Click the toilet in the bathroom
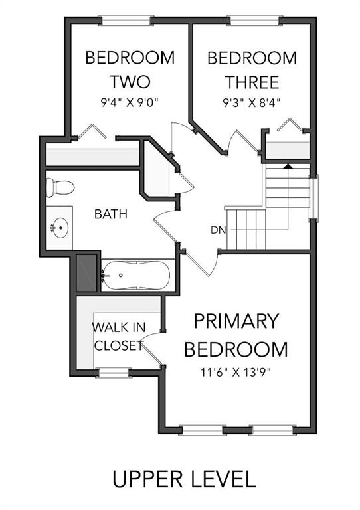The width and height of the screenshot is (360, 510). tap(60, 188)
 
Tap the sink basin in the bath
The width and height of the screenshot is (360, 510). tap(60, 228)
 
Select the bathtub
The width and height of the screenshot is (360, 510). tap(136, 275)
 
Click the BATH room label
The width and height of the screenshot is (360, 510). tap(111, 214)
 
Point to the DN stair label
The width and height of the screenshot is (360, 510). tap(218, 230)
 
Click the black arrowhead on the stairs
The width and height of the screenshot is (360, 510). tap(288, 166)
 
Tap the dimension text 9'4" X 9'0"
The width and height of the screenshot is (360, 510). tap(130, 103)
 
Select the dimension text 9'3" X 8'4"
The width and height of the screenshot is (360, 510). tap(251, 103)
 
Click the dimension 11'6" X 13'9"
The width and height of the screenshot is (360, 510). tap(236, 372)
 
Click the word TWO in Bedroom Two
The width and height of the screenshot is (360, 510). tap(130, 82)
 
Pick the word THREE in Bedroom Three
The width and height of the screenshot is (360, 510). tap(252, 82)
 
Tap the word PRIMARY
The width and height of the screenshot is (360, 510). tap(236, 321)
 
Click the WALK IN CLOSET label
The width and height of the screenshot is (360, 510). tap(119, 336)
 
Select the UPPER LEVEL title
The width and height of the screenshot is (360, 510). tap(184, 479)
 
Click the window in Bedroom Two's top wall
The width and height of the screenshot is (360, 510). tap(126, 20)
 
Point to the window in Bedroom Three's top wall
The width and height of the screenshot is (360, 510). tap(255, 20)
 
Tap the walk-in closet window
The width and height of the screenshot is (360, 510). tap(114, 373)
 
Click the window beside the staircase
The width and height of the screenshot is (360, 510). tap(313, 197)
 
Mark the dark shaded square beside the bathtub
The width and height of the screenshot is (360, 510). tap(86, 273)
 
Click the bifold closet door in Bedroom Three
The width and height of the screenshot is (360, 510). tap(290, 126)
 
